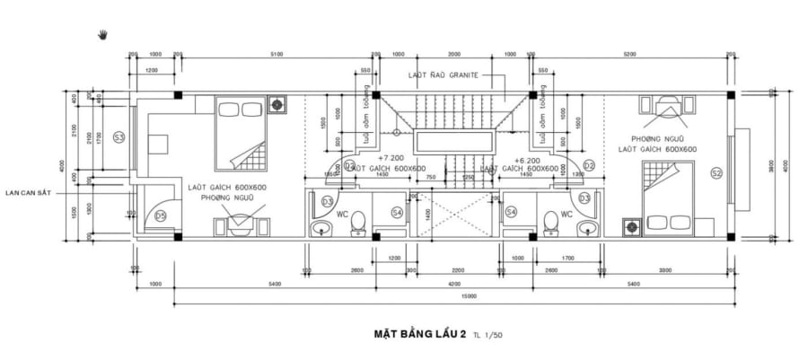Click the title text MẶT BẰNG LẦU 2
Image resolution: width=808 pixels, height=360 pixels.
[418, 334]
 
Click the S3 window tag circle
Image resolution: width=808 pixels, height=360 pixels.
[119, 136]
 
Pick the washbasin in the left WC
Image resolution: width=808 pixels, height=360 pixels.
[321, 229]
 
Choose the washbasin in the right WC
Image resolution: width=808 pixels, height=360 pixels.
[587, 229]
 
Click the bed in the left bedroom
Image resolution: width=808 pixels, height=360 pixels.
[240, 136]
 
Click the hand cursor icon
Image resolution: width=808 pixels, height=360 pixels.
[103, 35]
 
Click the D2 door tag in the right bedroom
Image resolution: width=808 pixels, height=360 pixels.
[589, 165]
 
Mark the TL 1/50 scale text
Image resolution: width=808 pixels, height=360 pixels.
[488, 336]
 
